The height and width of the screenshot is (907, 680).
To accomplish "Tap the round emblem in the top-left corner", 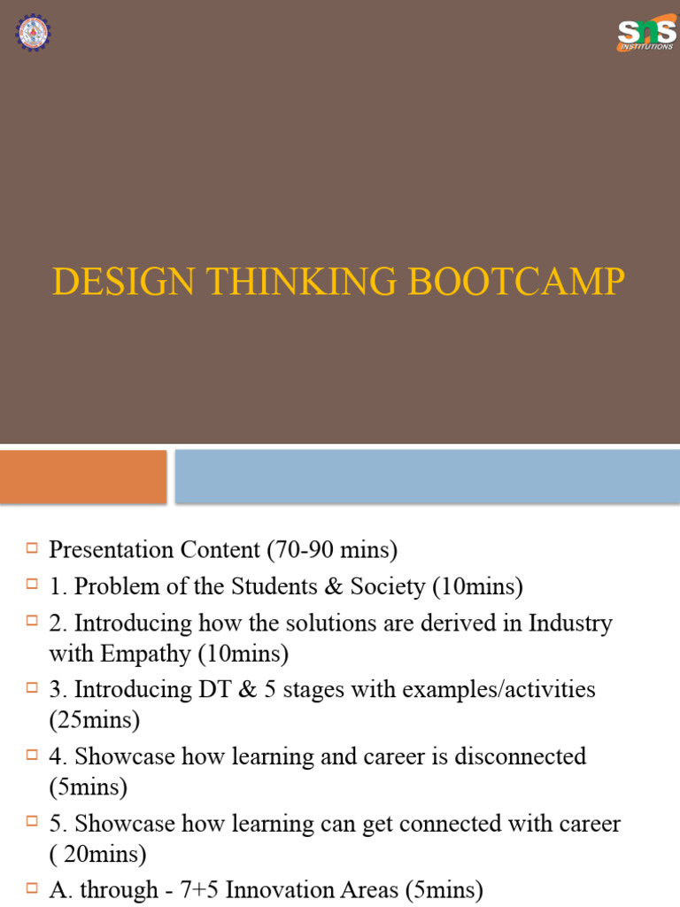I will point(34,32).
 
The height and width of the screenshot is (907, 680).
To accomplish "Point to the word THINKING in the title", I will point(283,282).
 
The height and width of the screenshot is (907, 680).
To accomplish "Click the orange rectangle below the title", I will point(83,477).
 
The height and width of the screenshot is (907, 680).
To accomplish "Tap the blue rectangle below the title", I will point(427,477).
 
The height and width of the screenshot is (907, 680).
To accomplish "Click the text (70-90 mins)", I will point(332,550).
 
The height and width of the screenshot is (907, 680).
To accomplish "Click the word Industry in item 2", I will point(570,623).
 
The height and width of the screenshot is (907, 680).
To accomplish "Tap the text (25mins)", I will point(95,720).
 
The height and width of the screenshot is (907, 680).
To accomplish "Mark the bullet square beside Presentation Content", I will point(33,549).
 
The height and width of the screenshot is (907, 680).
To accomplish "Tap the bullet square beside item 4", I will point(33,756).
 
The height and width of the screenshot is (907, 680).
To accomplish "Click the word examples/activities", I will point(498,688).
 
